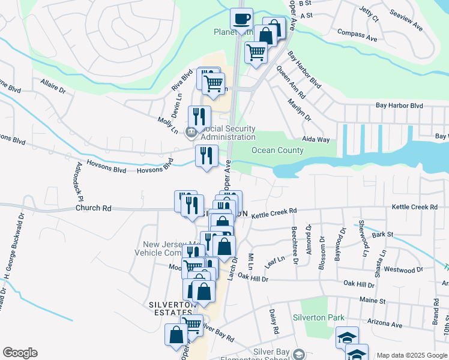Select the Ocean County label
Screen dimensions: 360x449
[277, 150]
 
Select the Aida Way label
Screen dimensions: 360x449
[316, 139]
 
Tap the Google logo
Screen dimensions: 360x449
[20, 353]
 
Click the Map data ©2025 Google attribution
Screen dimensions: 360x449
[412, 355]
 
